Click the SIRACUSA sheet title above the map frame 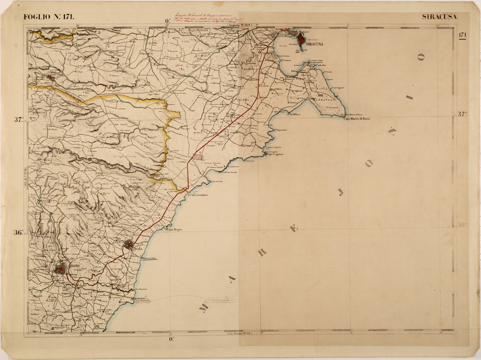click(x=439, y=17)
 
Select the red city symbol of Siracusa click(x=301, y=38)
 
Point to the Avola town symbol click(x=129, y=245)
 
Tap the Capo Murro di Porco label click(x=357, y=119)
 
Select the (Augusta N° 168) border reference click(x=239, y=25)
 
